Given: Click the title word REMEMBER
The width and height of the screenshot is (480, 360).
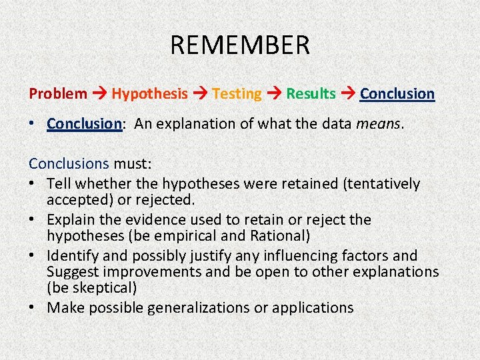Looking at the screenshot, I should (240, 45).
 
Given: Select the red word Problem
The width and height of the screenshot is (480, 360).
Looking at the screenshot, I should (58, 94).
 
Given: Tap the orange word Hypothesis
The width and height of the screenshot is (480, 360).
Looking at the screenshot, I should (149, 94).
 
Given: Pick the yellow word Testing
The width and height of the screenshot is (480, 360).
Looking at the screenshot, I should (237, 94).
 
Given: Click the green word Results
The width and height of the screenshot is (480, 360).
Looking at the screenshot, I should (311, 94).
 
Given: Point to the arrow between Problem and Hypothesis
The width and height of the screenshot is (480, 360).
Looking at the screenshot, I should (99, 94).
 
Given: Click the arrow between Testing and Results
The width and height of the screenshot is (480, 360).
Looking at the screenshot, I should (274, 94).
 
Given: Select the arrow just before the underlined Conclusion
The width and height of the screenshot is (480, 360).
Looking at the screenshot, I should (348, 94).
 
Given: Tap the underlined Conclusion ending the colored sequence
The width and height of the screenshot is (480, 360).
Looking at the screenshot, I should (397, 94).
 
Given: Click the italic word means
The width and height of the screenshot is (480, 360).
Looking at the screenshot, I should (380, 124).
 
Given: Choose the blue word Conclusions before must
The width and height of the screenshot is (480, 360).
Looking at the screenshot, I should (69, 163).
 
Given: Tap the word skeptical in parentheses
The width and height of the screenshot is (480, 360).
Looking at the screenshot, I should (104, 287).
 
